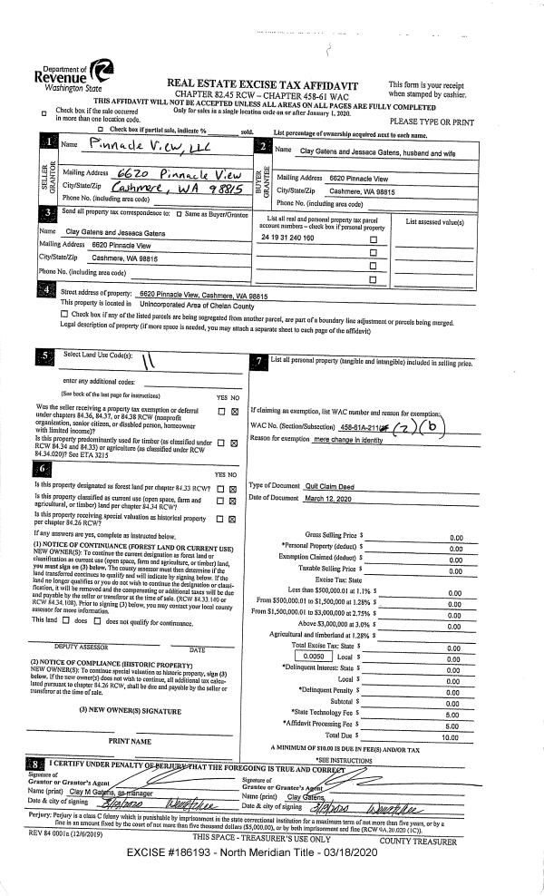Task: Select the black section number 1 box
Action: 47,142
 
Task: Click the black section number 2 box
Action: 263,147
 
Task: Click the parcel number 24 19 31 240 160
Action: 287,238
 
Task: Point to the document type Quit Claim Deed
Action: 326,487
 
